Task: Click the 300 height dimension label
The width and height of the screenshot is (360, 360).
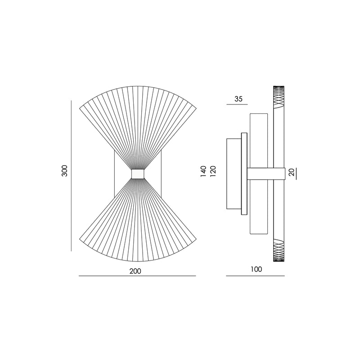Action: click(65, 171)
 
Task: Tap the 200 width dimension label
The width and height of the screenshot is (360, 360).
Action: click(135, 271)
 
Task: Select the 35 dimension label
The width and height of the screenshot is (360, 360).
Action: click(238, 99)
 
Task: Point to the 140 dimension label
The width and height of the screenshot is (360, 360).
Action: click(203, 171)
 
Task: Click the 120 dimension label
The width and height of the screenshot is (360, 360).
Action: click(213, 171)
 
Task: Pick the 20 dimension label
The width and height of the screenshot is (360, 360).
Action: click(291, 172)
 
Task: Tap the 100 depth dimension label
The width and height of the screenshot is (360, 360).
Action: click(256, 269)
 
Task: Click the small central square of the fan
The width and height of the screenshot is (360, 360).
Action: click(138, 174)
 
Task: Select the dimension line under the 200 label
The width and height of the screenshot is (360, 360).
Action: click(137, 276)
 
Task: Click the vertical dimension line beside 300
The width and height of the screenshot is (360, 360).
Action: click(71, 175)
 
